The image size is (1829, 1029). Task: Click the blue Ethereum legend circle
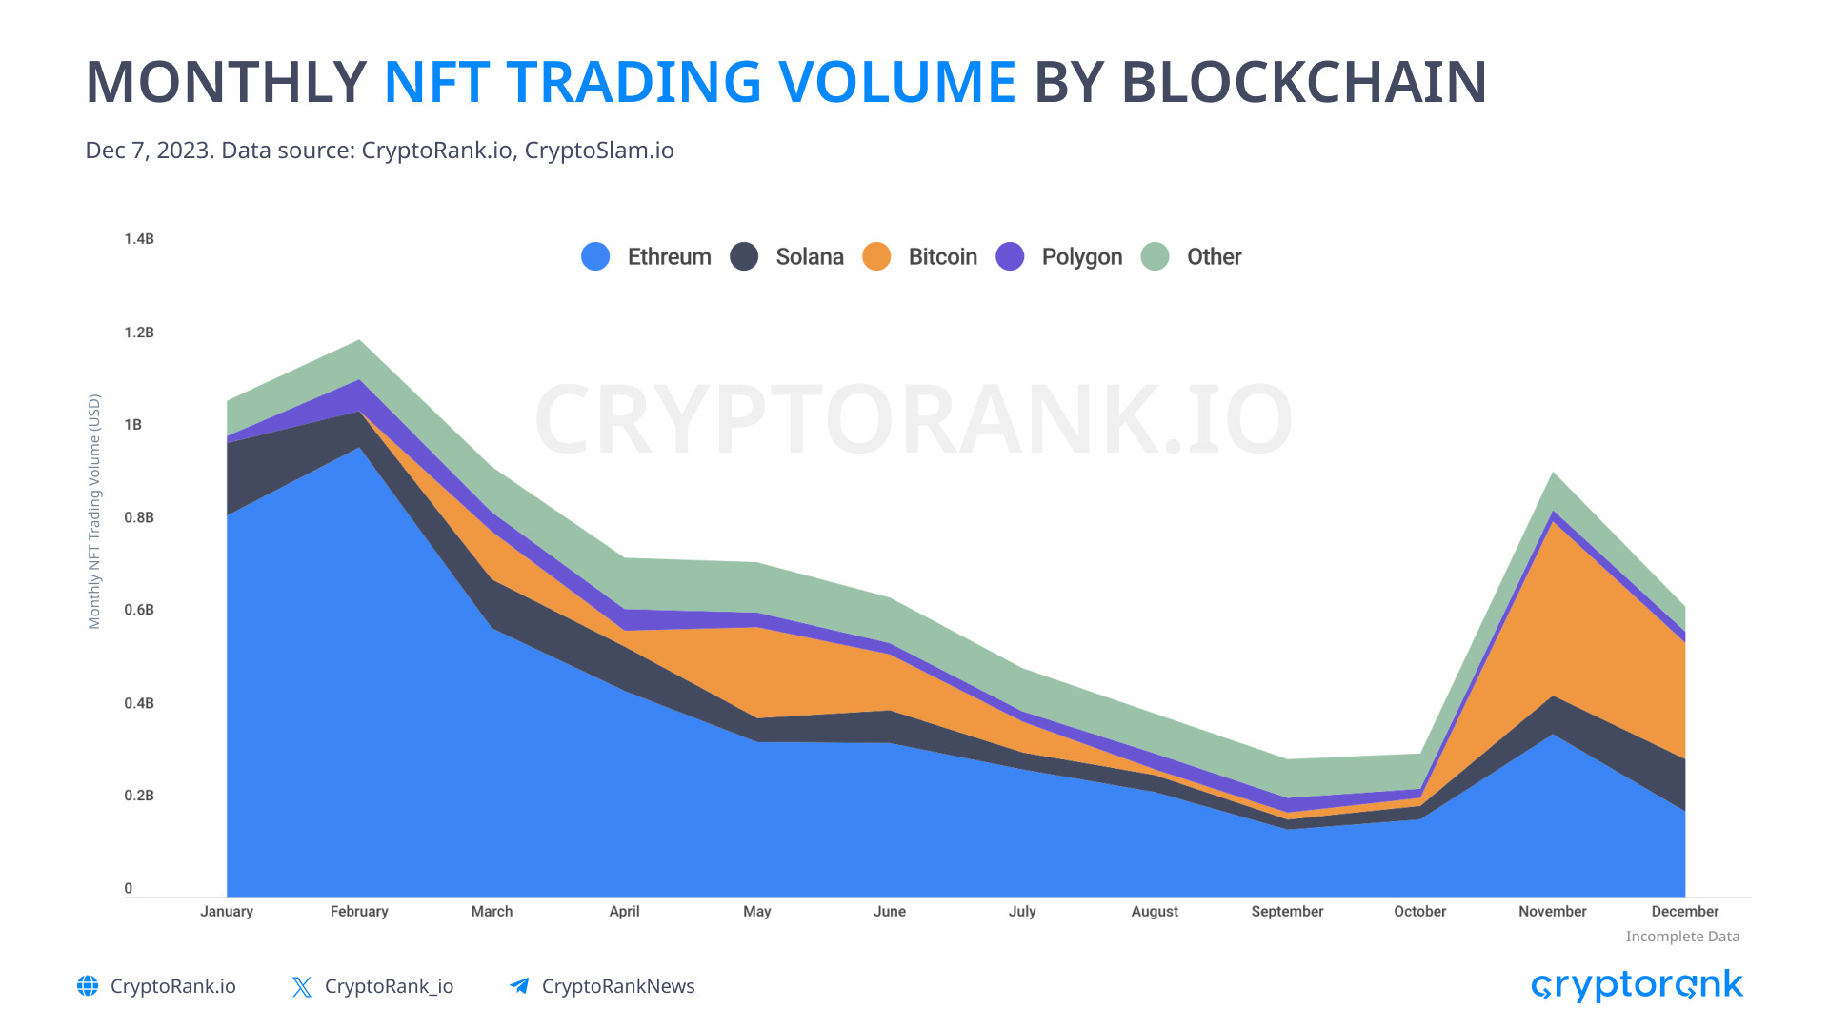(595, 256)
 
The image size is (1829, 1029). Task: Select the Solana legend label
(809, 257)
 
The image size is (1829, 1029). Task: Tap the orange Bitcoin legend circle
(876, 256)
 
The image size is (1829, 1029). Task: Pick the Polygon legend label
(1081, 257)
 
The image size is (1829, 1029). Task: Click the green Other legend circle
(1155, 256)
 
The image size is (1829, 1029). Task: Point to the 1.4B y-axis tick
(139, 239)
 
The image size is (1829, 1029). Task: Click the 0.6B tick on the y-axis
(139, 610)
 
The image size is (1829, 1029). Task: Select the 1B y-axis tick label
(133, 425)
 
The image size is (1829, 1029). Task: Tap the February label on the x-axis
(359, 912)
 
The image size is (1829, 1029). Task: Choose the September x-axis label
(1287, 912)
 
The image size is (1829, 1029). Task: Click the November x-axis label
(1552, 912)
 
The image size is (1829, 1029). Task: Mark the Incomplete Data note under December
(1682, 937)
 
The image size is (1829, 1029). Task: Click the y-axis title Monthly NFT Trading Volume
(94, 512)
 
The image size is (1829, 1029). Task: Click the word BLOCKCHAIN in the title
(1304, 82)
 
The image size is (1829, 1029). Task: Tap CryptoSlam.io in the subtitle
(599, 151)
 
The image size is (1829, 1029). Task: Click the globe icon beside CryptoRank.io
(88, 986)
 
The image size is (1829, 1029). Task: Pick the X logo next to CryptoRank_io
(302, 987)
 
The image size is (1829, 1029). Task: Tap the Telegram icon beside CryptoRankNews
(519, 986)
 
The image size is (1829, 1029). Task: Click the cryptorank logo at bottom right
(1637, 986)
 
